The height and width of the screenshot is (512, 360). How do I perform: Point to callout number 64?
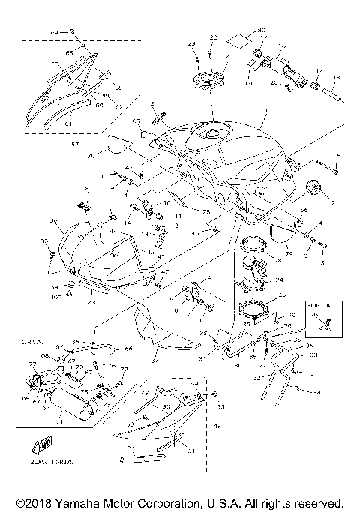click(x=53, y=33)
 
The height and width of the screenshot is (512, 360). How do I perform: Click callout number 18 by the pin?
click(x=334, y=77)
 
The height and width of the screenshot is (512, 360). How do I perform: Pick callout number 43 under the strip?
click(x=91, y=302)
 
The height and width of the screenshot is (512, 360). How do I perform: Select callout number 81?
click(x=87, y=189)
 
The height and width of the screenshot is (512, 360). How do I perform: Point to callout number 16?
click(x=280, y=46)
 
